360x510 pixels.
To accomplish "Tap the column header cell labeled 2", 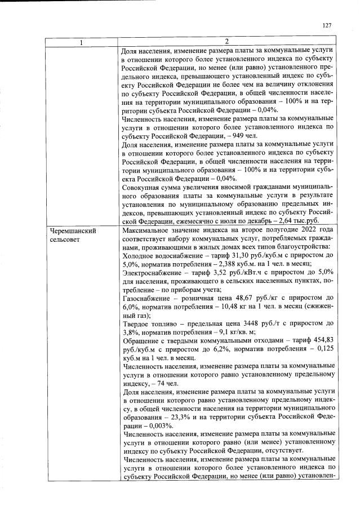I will pos(226,42).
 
